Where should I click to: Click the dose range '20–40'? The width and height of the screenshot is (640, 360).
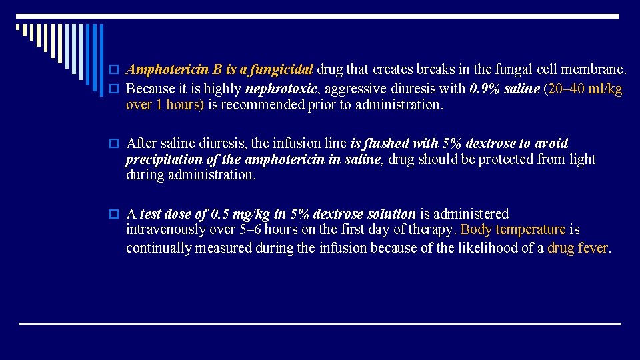(566, 89)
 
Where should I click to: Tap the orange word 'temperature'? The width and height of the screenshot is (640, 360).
(530, 230)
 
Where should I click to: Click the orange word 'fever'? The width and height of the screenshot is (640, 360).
(594, 248)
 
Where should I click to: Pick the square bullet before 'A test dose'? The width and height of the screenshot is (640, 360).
(115, 215)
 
